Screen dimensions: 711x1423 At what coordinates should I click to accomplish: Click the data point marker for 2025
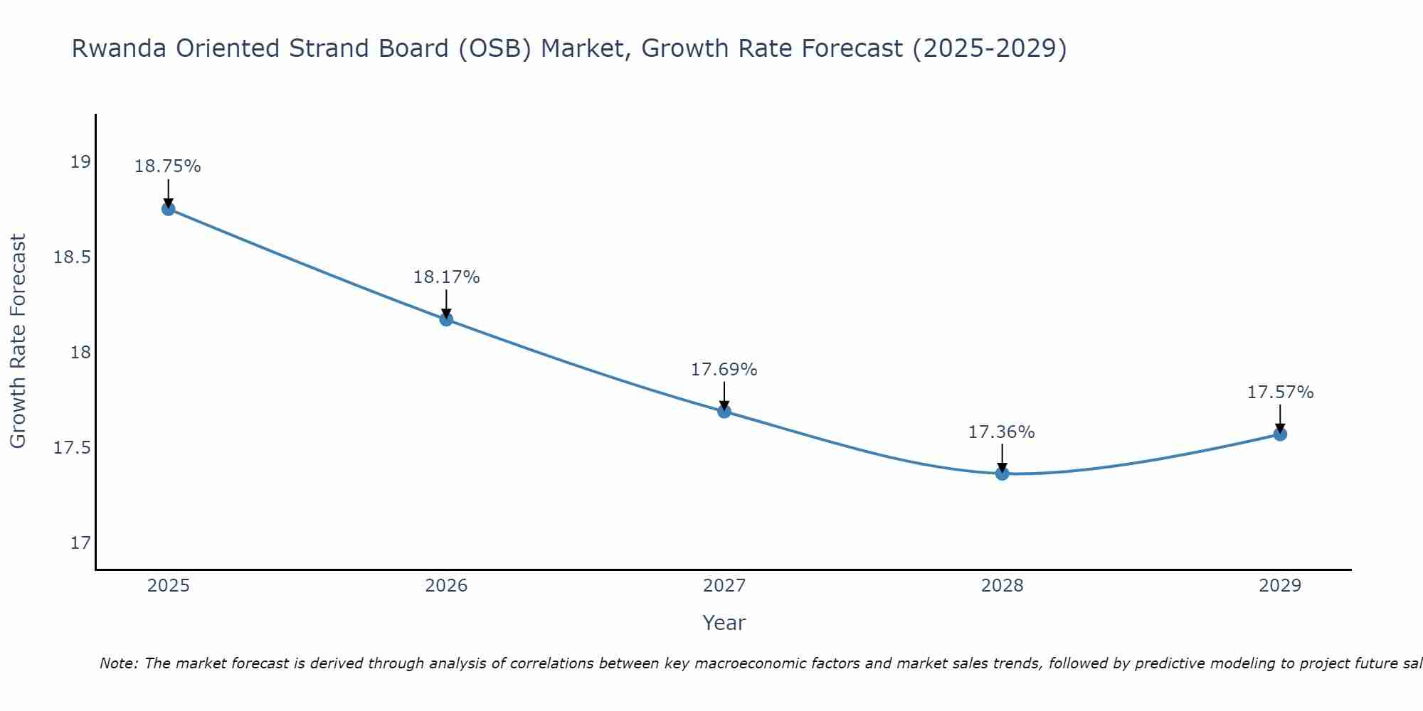(x=168, y=209)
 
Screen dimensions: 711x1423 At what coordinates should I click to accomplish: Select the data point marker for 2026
(x=446, y=319)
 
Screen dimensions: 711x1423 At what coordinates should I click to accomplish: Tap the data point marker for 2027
(x=724, y=411)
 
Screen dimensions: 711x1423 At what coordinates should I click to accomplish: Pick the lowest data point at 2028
(x=1002, y=474)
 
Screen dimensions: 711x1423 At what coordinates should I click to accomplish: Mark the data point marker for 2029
(x=1280, y=434)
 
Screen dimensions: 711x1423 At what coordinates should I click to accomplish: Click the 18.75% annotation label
(x=168, y=166)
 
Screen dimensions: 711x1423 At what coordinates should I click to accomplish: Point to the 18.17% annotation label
(x=446, y=277)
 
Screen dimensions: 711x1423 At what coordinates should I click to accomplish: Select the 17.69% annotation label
(x=724, y=370)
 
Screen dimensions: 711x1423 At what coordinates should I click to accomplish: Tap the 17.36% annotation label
(x=1002, y=432)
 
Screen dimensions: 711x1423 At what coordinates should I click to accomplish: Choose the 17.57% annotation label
(x=1280, y=392)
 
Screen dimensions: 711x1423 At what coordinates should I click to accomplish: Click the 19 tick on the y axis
(x=80, y=162)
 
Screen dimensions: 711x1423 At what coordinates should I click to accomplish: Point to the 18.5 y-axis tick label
(x=73, y=257)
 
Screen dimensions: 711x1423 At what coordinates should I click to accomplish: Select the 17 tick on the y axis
(x=80, y=543)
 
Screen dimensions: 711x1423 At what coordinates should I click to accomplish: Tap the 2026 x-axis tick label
(x=446, y=586)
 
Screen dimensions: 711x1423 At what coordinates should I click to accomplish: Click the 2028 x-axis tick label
(x=1002, y=586)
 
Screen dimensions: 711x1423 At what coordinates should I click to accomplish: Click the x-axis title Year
(x=724, y=623)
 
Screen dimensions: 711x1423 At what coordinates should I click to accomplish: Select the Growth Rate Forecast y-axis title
(x=18, y=341)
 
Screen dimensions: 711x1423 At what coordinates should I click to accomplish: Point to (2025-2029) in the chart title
(x=989, y=48)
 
